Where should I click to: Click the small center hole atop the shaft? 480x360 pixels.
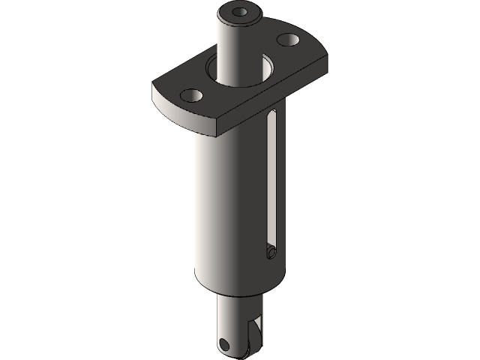click(x=240, y=12)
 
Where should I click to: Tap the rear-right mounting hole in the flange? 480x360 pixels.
click(x=288, y=39)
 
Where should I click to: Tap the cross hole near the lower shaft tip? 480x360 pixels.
click(x=223, y=344)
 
